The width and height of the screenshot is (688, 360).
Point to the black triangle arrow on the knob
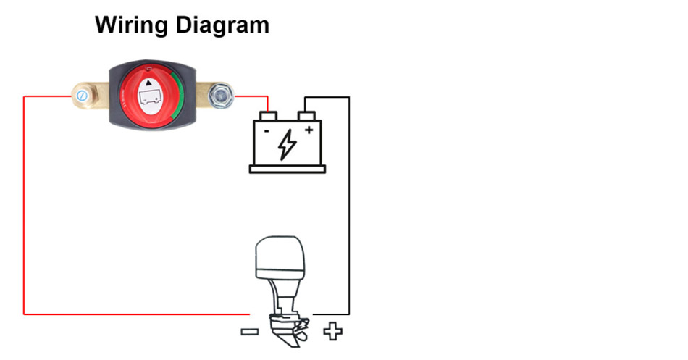tap(151, 84)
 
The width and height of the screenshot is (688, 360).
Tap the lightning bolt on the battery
tap(287, 144)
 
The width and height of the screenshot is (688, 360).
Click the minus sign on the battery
tap(266, 132)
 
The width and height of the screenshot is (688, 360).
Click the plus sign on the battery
tap(309, 131)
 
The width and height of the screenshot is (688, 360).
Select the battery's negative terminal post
tap(269, 115)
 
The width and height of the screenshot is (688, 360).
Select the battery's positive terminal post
tap(307, 115)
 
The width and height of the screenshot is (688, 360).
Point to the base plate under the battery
tap(288, 169)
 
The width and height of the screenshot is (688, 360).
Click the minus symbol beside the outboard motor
tap(248, 332)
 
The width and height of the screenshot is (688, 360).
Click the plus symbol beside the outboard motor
tap(332, 332)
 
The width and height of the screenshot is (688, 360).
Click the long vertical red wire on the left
tap(24, 210)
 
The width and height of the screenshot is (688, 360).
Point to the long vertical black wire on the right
tap(350, 210)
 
